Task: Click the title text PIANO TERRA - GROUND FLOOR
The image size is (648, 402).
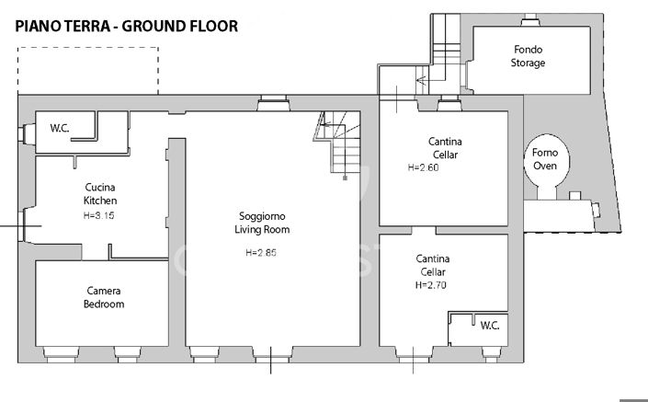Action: click(x=127, y=26)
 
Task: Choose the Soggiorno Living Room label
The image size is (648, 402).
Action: click(x=262, y=224)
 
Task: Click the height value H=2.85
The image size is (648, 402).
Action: click(x=262, y=252)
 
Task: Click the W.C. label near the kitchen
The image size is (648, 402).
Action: click(x=62, y=128)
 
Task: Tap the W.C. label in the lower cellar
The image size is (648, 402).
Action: click(x=489, y=325)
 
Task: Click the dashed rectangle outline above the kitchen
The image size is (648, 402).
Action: click(x=87, y=70)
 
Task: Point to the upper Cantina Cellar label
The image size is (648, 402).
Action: click(x=445, y=148)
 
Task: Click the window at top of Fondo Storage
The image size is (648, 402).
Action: click(x=530, y=20)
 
